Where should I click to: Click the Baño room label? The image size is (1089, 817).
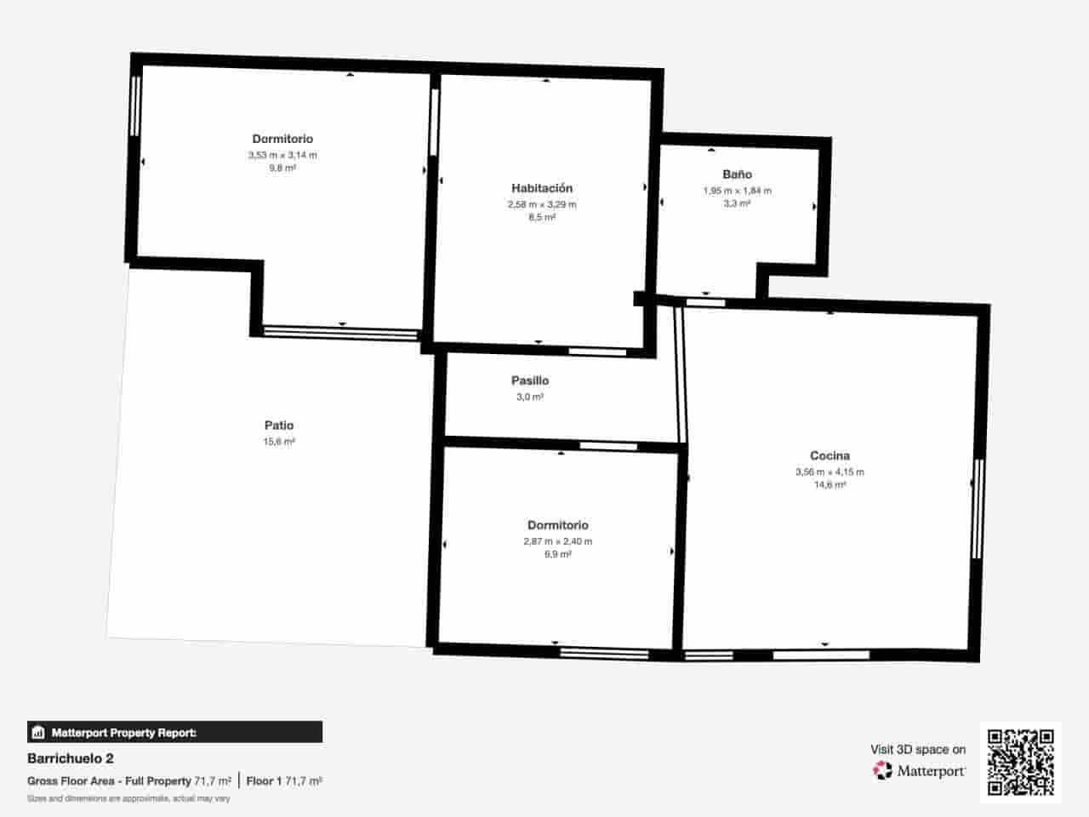coord(737,174)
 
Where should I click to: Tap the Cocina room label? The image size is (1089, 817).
coord(830,456)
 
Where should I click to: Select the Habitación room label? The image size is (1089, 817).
coord(542,188)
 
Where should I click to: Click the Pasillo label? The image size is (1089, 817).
coord(530,380)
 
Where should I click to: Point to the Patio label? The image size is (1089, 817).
coord(279,426)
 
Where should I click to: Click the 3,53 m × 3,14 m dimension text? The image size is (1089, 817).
coord(282,155)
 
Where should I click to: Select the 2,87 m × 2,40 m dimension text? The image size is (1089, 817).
coord(557,541)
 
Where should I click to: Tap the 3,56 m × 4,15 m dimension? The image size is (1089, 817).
coord(830,471)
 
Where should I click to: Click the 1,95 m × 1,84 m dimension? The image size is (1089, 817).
coord(737,191)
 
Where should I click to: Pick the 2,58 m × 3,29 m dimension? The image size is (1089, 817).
coord(542,204)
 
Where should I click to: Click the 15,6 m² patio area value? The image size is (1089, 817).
coord(279,442)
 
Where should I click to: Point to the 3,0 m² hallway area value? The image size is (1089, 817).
coord(530,397)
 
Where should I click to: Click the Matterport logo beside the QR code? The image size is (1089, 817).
coord(919,771)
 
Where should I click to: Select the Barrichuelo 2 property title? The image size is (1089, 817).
coord(71,758)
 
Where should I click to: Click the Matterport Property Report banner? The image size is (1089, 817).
coord(174,732)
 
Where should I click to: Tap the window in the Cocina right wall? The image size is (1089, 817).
coord(978,509)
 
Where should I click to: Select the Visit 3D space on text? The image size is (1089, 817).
coord(918,750)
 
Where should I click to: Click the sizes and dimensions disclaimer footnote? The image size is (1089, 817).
coord(128,798)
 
